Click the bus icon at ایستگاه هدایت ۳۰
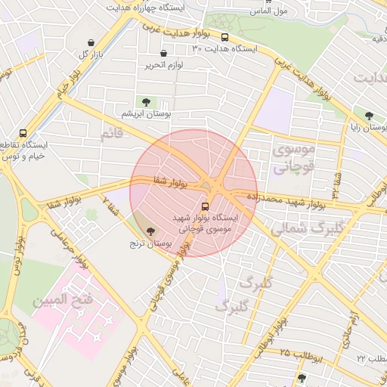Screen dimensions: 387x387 click(225, 36)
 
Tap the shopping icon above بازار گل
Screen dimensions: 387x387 click(91, 43)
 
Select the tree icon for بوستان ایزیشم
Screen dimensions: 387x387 click(144, 101)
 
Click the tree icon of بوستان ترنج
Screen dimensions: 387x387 click(150, 231)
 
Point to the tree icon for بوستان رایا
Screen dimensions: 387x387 click(368, 116)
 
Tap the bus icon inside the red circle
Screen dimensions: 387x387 click(206, 206)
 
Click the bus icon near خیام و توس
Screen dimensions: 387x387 click(23, 133)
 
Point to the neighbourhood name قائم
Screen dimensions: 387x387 click(110, 134)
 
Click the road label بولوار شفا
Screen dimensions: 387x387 click(169, 181)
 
